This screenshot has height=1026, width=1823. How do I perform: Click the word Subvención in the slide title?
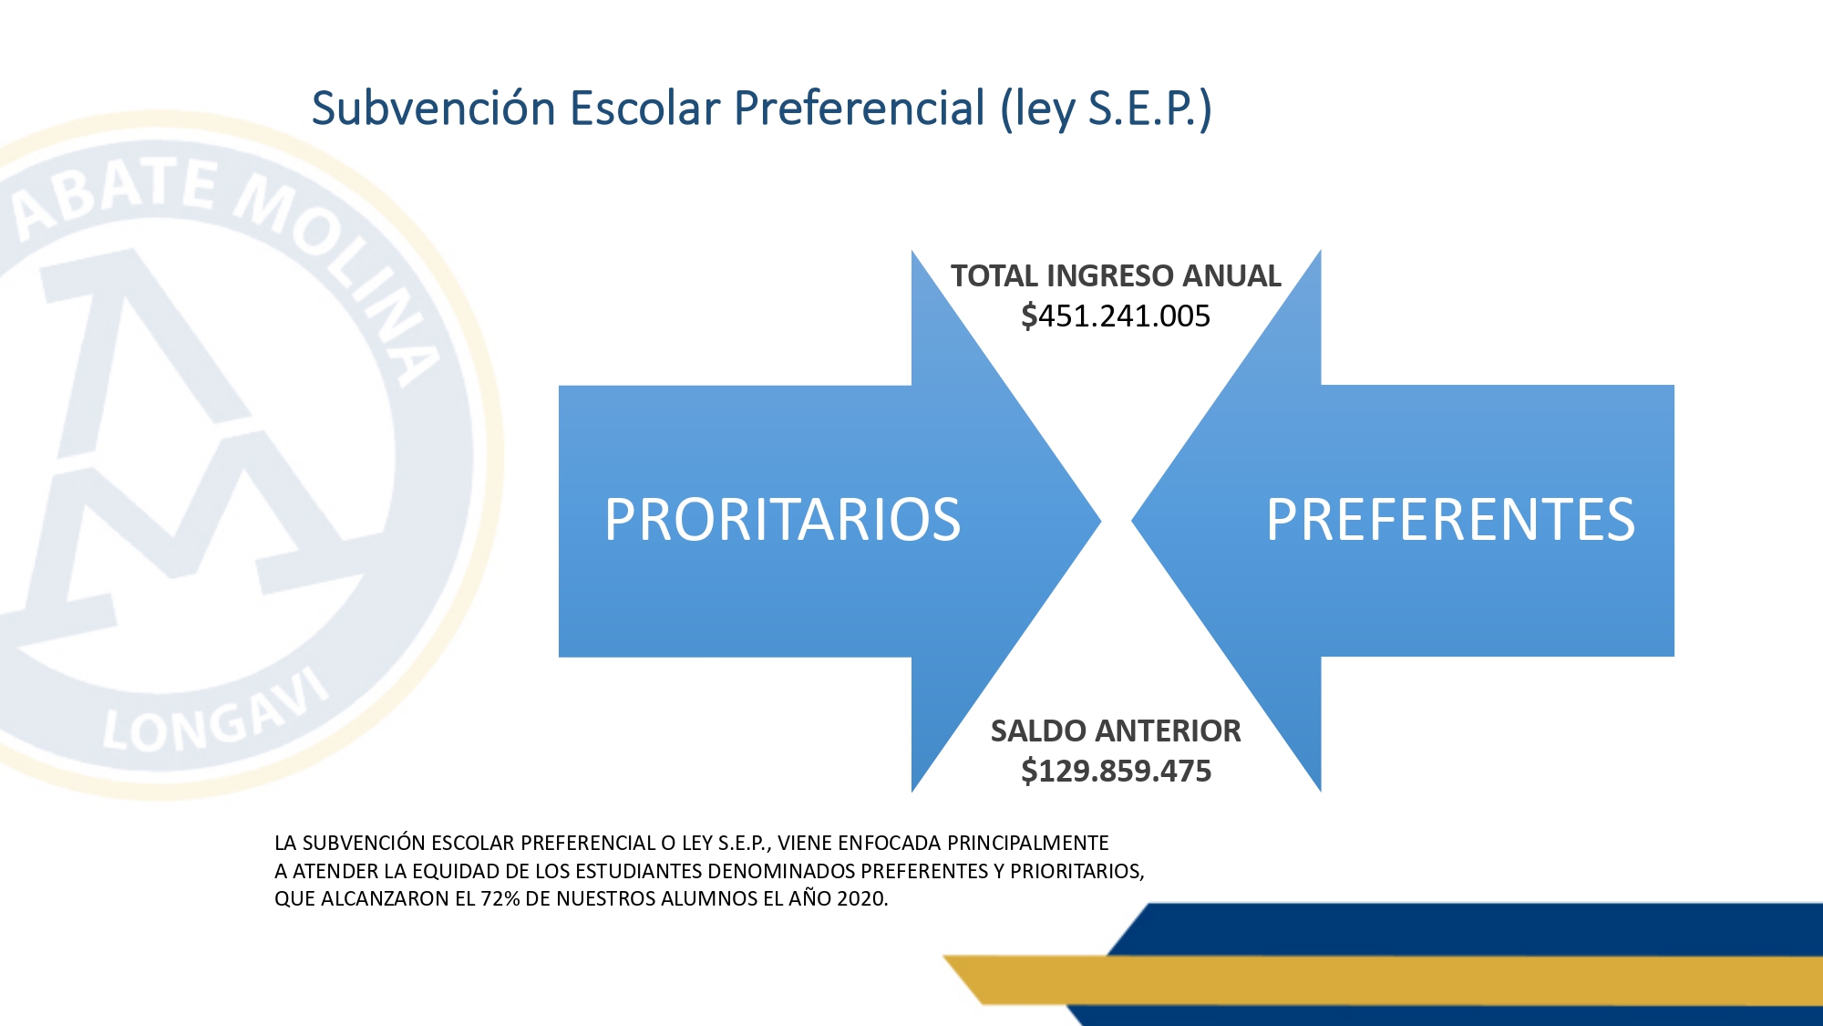[x=434, y=108]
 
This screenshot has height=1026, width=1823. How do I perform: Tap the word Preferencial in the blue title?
[x=860, y=109]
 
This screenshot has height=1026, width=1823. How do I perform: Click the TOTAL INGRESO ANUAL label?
[x=1116, y=275]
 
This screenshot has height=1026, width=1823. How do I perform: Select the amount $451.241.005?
[x=1116, y=316]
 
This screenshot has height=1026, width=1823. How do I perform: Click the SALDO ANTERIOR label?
[x=1116, y=731]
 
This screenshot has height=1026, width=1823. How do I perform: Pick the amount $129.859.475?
[x=1116, y=771]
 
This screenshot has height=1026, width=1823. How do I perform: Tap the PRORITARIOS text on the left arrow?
[x=783, y=520]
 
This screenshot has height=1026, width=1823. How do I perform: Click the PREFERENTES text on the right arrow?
[x=1451, y=520]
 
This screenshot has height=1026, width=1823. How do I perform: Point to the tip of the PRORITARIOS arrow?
[x=1101, y=522]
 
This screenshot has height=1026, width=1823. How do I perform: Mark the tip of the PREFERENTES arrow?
[x=1132, y=522]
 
